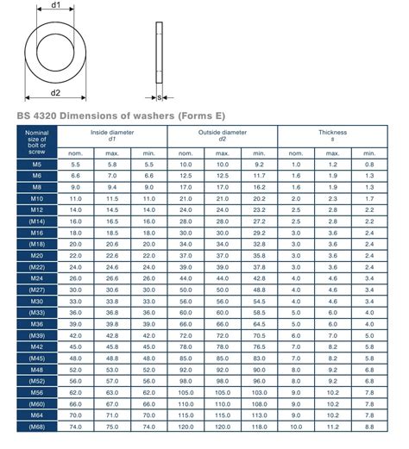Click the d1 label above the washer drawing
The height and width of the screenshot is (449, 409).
click(x=56, y=6)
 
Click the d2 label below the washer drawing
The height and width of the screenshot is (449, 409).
click(x=55, y=92)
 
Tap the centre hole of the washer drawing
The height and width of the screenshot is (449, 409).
click(x=56, y=50)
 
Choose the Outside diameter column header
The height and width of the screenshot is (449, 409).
click(x=223, y=135)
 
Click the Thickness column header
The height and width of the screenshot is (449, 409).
click(x=332, y=135)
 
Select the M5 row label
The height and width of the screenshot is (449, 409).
click(x=36, y=164)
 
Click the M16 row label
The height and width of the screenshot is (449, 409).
click(x=36, y=233)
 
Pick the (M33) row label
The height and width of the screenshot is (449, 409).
click(x=36, y=313)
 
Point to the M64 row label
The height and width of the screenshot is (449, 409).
click(x=36, y=415)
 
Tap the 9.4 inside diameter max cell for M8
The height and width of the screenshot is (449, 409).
click(x=112, y=187)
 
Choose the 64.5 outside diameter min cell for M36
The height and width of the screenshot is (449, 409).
click(x=260, y=324)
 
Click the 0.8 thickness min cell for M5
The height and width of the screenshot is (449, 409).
click(x=369, y=164)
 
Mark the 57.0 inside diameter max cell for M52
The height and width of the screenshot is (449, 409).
click(x=112, y=381)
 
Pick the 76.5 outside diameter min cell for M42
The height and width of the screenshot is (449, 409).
click(x=260, y=347)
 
